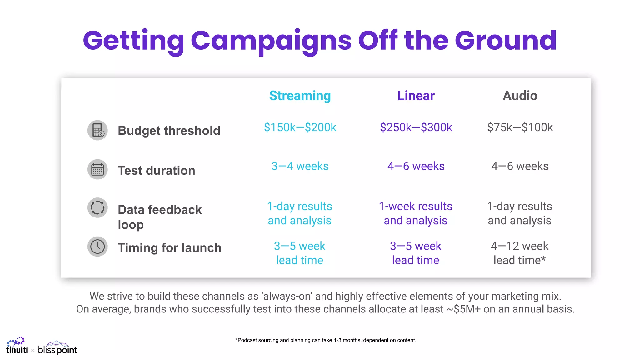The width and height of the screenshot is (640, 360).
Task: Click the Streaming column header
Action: (x=300, y=96)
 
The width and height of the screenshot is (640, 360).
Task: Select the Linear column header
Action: (x=416, y=96)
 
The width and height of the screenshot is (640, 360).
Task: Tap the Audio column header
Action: (x=520, y=96)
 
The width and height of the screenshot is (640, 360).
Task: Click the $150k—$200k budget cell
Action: (x=300, y=127)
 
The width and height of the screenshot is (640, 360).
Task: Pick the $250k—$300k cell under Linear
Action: (x=416, y=127)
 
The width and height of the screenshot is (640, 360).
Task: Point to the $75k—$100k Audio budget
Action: (x=520, y=127)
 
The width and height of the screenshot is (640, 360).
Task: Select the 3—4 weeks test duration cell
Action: (x=300, y=166)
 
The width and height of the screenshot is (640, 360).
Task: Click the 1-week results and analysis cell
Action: (x=416, y=213)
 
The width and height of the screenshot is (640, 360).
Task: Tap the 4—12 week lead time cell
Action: (x=519, y=253)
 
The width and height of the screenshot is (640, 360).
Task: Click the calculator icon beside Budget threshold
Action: (x=97, y=130)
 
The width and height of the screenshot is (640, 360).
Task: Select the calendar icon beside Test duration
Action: (x=97, y=170)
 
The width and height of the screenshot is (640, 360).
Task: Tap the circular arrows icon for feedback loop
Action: (x=97, y=208)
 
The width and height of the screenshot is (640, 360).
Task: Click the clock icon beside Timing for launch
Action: (x=97, y=247)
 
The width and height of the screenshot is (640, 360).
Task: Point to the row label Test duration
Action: (x=156, y=171)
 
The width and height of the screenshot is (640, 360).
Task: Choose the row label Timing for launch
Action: (x=169, y=248)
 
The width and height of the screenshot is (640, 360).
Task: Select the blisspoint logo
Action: (x=57, y=348)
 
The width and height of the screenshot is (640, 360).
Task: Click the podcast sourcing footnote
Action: (x=326, y=340)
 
